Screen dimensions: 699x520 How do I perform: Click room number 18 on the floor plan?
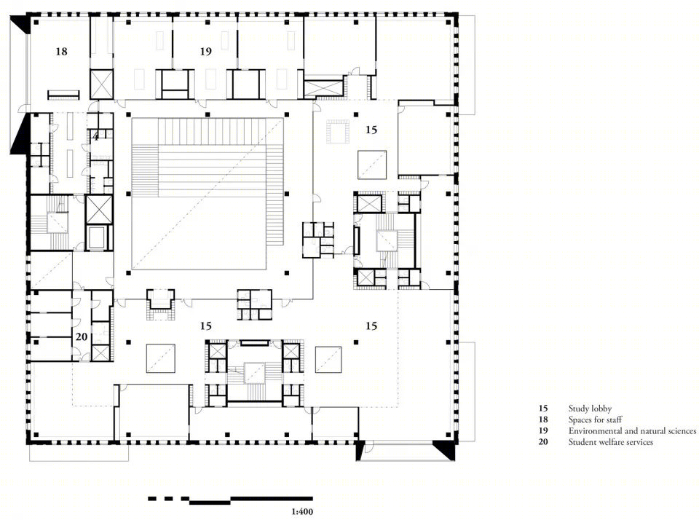pos(61,51)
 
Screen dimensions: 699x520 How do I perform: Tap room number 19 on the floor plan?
pos(205,51)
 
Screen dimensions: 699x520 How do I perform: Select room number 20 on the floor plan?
pos(81,336)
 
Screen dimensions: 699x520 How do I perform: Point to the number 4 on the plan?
pos(96,136)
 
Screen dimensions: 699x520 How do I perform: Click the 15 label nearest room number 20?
pos(205,326)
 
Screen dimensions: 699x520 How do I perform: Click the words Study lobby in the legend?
pos(590,409)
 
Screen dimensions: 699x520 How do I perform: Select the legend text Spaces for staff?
pos(595,419)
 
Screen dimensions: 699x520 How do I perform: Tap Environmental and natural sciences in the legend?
pos(632,431)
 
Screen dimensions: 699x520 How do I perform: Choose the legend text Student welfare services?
pos(611,442)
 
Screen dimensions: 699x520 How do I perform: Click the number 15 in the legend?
pos(543,409)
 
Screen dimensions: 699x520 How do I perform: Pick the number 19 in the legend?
pos(543,431)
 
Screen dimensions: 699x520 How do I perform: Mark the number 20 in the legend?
pos(543,442)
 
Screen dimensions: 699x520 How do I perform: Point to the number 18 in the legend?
pos(543,419)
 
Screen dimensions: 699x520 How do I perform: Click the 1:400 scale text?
pos(302,511)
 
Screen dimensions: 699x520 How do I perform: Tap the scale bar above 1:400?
pos(230,500)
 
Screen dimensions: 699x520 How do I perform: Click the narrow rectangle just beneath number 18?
pos(64,95)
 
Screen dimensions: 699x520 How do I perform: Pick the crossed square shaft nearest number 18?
pos(102,84)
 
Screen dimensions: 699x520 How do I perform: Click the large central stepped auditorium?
pos(208,194)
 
